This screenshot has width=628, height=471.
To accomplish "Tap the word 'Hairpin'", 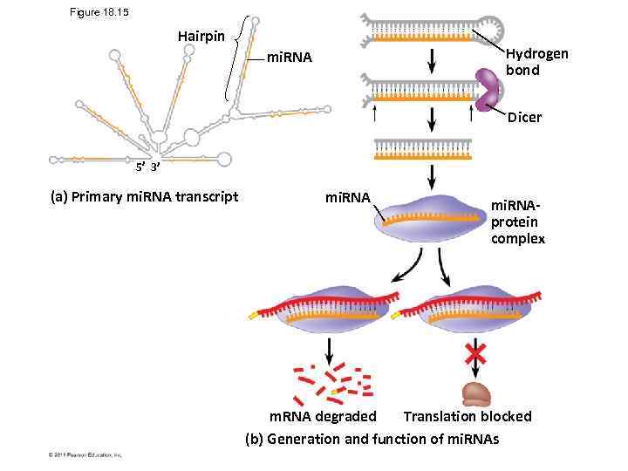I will tap(201, 37).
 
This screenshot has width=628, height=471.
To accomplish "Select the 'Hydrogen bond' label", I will tap(536, 61).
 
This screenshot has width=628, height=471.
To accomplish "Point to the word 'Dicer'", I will tap(524, 117).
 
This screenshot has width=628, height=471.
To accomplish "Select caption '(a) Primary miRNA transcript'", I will tap(144, 196).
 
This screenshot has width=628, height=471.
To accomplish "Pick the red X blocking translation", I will tap(475, 353).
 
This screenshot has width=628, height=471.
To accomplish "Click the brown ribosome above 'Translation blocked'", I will tap(476, 393).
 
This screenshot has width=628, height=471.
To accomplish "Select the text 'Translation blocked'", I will tap(467, 416).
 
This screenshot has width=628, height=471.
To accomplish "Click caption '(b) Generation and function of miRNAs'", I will tap(372, 438).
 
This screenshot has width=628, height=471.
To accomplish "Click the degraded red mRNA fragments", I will tap(332, 384).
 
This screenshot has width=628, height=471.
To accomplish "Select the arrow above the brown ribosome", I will tap(475, 352).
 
